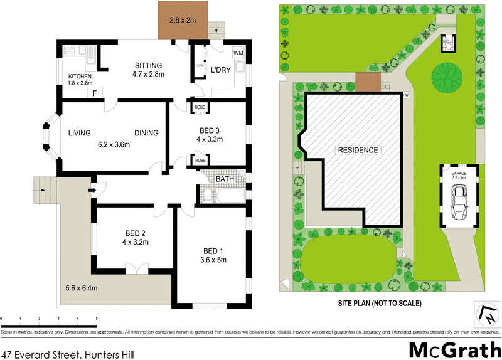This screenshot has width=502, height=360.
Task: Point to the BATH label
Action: pos(225,179)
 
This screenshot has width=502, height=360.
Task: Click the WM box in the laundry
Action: pos(238,53)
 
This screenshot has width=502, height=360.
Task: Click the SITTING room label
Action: pos(148,65)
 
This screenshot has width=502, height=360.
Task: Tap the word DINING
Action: pos(146,133)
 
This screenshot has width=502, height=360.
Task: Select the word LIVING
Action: pos(80,133)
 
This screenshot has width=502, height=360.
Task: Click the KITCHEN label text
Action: pos(80,77)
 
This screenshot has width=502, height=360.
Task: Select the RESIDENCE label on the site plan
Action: pos(358,150)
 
